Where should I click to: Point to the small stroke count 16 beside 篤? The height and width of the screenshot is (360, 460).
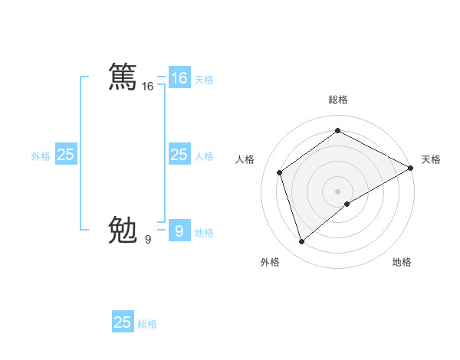[148, 87]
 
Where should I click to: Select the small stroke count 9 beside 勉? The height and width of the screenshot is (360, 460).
[147, 240]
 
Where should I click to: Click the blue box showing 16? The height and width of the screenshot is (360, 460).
[179, 77]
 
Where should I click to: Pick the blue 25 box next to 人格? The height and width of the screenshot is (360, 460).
[179, 155]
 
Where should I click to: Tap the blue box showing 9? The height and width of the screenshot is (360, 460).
[179, 230]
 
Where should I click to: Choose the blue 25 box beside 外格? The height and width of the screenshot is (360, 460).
[65, 155]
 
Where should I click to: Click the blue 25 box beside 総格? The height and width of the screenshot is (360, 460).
[123, 322]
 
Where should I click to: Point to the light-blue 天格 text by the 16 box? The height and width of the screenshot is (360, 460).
[204, 80]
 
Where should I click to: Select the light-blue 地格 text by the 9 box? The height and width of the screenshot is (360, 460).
[204, 233]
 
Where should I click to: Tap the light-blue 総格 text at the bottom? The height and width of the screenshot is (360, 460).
[148, 324]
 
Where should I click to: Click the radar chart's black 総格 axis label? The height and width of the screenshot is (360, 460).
[337, 100]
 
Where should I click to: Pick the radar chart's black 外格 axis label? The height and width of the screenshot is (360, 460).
[269, 262]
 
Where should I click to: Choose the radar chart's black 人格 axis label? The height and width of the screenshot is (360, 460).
[245, 159]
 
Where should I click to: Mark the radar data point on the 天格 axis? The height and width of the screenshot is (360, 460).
[412, 168]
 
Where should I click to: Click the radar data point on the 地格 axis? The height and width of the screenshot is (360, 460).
[347, 204]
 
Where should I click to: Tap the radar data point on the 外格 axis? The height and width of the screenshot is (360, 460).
[301, 242]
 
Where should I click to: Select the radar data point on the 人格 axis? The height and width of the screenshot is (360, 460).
[280, 172]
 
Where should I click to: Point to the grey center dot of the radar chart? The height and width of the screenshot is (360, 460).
[337, 191]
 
